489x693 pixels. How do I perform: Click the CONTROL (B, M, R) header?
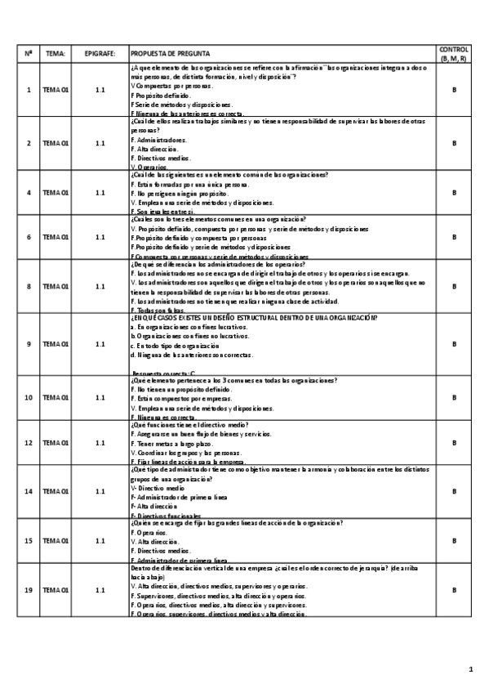coord(454,54)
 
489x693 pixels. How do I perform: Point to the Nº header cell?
coord(29,54)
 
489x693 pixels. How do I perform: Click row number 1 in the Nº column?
coord(29,89)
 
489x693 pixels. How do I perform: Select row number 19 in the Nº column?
coord(29,589)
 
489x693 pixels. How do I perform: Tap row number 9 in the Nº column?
coord(29,344)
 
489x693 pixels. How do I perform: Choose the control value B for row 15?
coord(454,540)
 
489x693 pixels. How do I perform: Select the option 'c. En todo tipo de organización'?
coord(175,345)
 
